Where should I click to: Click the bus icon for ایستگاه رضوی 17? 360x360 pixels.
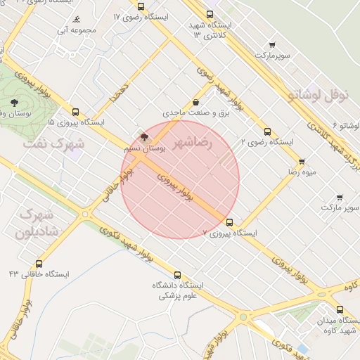coord(141,6)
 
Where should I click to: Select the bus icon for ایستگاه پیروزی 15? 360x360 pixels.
coord(76,111)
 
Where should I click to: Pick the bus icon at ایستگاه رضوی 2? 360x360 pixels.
coord(266,131)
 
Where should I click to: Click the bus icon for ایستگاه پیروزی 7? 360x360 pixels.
coord(229,222)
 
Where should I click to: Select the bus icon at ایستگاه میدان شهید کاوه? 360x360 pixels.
coord(340,309)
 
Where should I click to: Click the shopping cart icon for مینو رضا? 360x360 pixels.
coord(302,161)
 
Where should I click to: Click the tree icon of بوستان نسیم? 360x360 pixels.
coord(145,138)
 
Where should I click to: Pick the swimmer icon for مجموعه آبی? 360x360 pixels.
coord(75,20)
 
